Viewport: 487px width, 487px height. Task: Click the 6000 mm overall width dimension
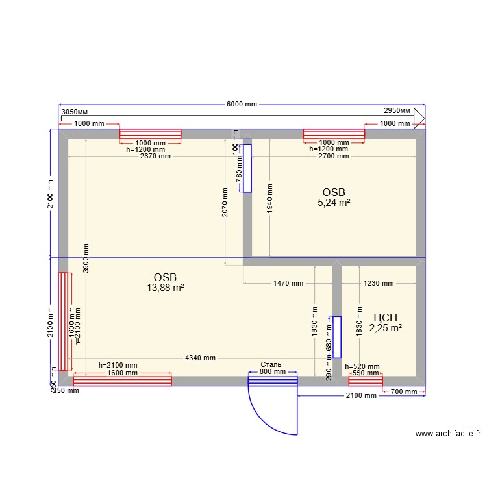pyautogui.click(x=242, y=105)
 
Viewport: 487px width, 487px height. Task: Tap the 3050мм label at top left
pyautogui.click(x=74, y=112)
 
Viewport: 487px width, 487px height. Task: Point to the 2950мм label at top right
pyautogui.click(x=397, y=112)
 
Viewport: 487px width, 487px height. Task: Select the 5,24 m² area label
pyautogui.click(x=334, y=203)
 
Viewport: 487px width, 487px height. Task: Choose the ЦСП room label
pyautogui.click(x=386, y=318)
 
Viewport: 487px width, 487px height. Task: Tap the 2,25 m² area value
pyautogui.click(x=386, y=328)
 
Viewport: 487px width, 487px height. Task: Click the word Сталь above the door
pyautogui.click(x=271, y=364)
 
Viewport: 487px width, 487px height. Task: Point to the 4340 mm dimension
pyautogui.click(x=200, y=358)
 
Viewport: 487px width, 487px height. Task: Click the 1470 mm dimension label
pyautogui.click(x=288, y=284)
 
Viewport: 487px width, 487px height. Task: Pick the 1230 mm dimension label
pyautogui.click(x=379, y=284)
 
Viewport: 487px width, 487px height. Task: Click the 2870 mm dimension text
pyautogui.click(x=155, y=156)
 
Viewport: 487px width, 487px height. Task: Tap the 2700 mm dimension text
pyautogui.click(x=334, y=156)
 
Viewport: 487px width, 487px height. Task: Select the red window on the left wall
pyautogui.click(x=63, y=321)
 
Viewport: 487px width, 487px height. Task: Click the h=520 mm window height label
pyautogui.click(x=362, y=366)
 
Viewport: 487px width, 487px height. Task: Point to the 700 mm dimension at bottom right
pyautogui.click(x=404, y=392)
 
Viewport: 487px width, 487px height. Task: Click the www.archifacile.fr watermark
pyautogui.click(x=448, y=434)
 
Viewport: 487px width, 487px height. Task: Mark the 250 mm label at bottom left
pyautogui.click(x=66, y=391)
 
